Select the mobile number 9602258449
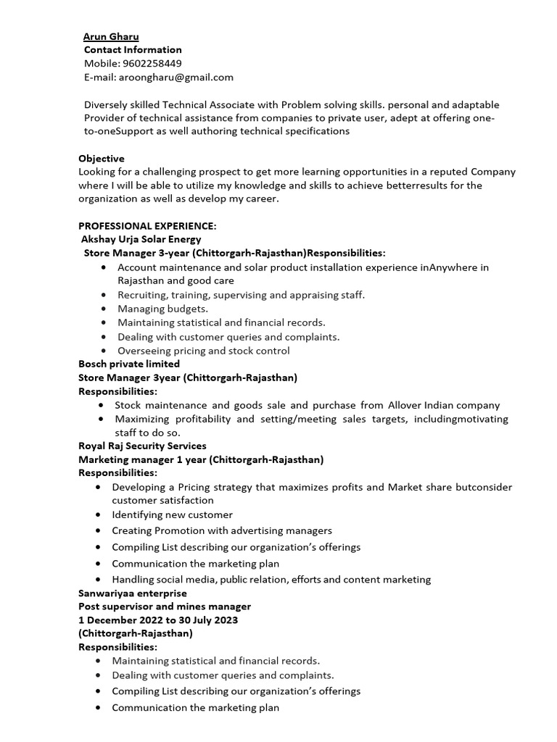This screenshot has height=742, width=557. click(x=152, y=64)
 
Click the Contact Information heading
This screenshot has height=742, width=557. click(x=133, y=50)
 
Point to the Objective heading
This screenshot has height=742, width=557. click(x=102, y=158)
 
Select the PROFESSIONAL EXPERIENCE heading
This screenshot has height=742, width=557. click(x=147, y=225)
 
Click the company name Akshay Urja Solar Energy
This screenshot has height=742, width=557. click(x=141, y=239)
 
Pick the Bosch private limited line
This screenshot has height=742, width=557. click(x=129, y=364)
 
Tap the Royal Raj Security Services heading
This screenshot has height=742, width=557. click(x=142, y=446)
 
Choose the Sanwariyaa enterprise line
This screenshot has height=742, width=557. click(x=132, y=593)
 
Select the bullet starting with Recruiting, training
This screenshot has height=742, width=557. click(x=241, y=295)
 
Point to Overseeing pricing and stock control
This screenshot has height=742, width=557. click(x=203, y=351)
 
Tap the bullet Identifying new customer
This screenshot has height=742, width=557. click(x=172, y=514)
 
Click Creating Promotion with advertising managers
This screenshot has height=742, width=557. click(x=221, y=530)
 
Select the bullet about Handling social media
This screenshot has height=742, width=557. click(x=271, y=579)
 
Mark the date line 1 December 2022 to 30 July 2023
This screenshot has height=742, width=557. click(x=158, y=620)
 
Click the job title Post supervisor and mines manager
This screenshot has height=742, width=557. click(x=165, y=606)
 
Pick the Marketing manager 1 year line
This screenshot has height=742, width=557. click(x=201, y=459)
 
